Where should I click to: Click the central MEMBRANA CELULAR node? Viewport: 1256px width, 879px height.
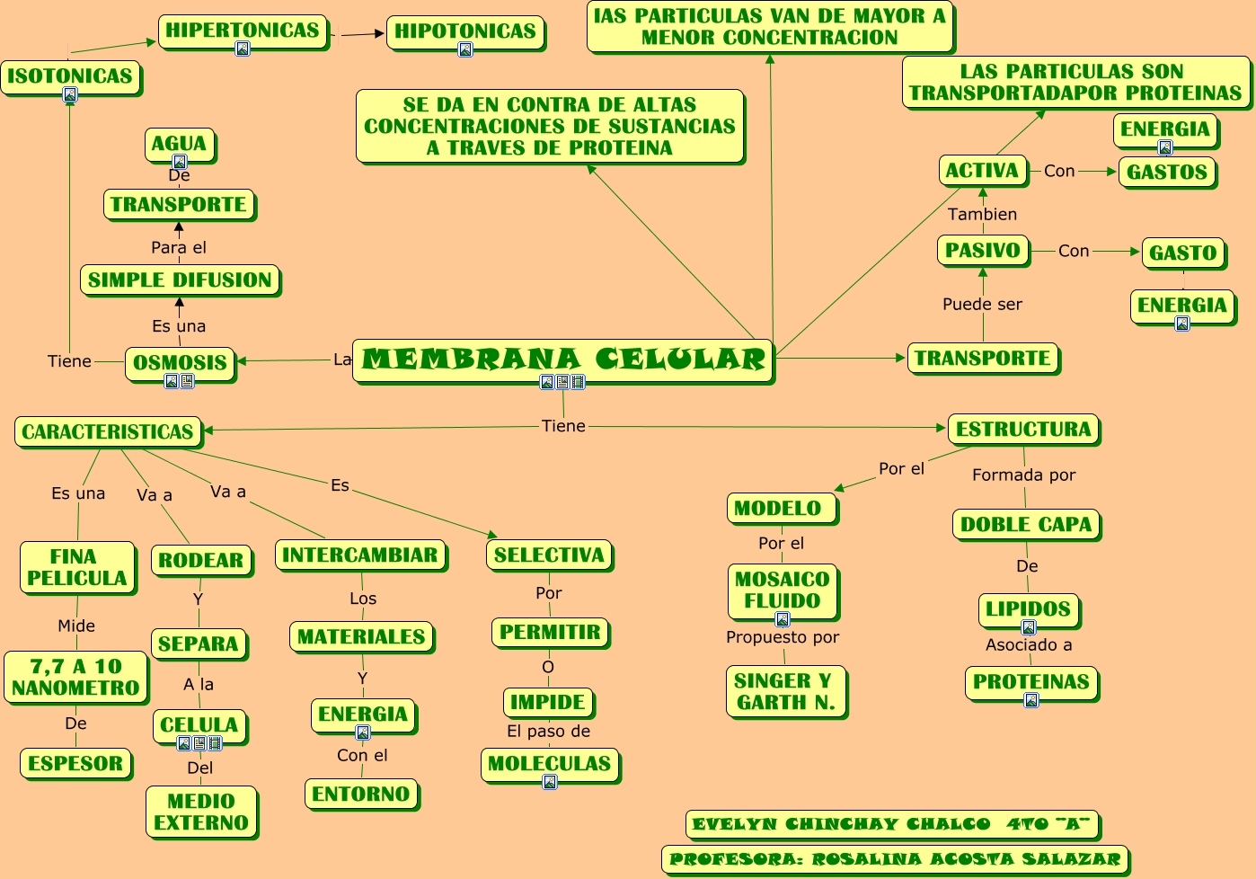(x=563, y=360)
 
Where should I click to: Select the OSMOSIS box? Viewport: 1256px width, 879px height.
(x=180, y=362)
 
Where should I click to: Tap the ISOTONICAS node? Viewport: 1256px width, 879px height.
(x=70, y=76)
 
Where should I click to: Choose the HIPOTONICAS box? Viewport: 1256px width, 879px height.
(x=465, y=31)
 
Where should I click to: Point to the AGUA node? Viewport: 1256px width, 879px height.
(x=179, y=144)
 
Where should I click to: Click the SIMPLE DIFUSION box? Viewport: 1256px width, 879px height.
(x=180, y=280)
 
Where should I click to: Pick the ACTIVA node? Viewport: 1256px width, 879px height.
(x=982, y=171)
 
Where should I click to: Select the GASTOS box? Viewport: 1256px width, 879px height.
(x=1167, y=172)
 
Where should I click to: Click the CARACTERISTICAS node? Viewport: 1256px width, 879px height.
(x=108, y=431)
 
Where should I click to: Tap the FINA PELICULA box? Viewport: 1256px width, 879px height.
(x=77, y=567)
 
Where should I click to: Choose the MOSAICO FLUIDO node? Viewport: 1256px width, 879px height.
(x=782, y=590)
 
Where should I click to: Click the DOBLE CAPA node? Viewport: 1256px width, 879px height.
(x=1026, y=524)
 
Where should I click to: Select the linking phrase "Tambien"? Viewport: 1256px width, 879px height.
(x=982, y=214)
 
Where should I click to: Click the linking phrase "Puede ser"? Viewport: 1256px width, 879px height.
(x=982, y=304)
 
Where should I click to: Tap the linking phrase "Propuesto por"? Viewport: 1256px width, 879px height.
(x=783, y=637)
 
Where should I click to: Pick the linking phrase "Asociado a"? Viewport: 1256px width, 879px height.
(x=1029, y=644)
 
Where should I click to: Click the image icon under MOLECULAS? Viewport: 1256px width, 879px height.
(x=550, y=782)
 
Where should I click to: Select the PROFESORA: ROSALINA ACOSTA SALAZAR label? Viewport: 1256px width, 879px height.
(x=895, y=859)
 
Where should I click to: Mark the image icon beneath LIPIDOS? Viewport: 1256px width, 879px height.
(x=1030, y=627)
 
